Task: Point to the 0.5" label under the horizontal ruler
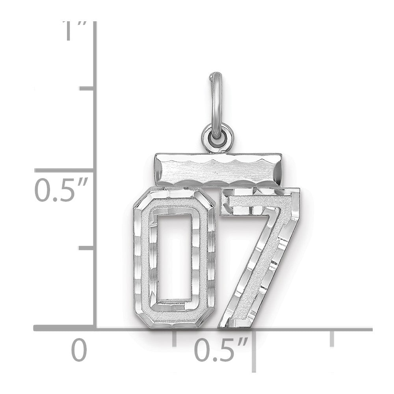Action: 221,350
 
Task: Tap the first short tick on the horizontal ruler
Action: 175,338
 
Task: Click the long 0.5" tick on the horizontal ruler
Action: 254,351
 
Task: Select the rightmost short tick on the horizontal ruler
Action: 332,338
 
